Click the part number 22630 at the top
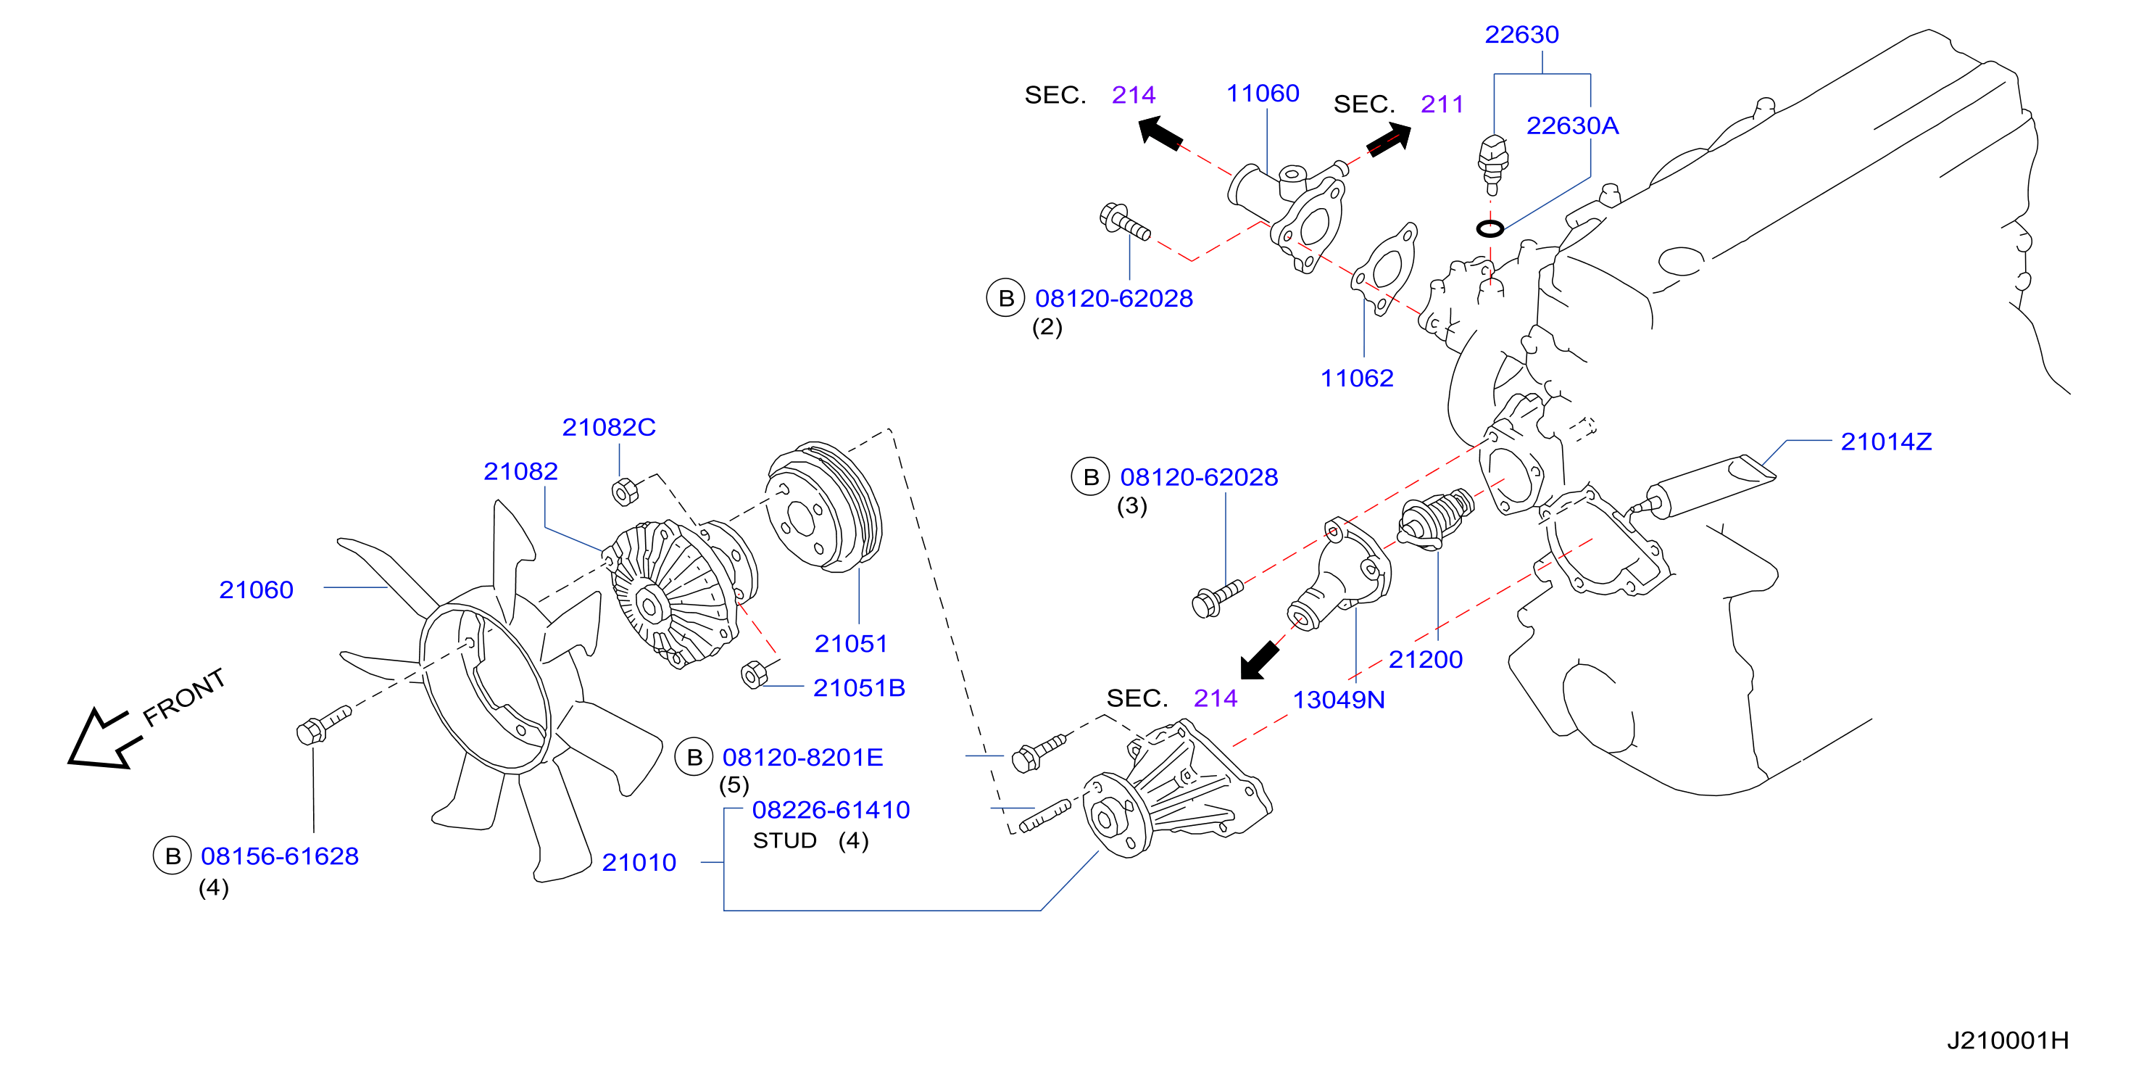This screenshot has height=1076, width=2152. point(1521,34)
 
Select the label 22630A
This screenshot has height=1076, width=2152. point(1572,125)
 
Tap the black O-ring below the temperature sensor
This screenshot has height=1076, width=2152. point(1490,228)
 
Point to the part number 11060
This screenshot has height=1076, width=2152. point(1263,93)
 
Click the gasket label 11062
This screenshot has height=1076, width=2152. point(1357,378)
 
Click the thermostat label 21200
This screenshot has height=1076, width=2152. point(1425,659)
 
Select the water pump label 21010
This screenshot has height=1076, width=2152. point(639,862)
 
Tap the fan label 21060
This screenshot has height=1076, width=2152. point(257,589)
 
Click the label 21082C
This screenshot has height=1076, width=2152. point(609,427)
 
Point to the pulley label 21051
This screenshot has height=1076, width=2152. point(850,643)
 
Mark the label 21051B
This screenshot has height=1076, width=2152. point(859,687)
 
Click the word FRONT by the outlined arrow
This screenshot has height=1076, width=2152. point(184,698)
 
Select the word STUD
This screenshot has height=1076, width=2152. point(784,840)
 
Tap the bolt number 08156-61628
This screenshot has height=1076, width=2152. point(280,856)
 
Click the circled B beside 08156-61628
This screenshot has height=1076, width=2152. point(172,856)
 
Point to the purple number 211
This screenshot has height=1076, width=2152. point(1442,104)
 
